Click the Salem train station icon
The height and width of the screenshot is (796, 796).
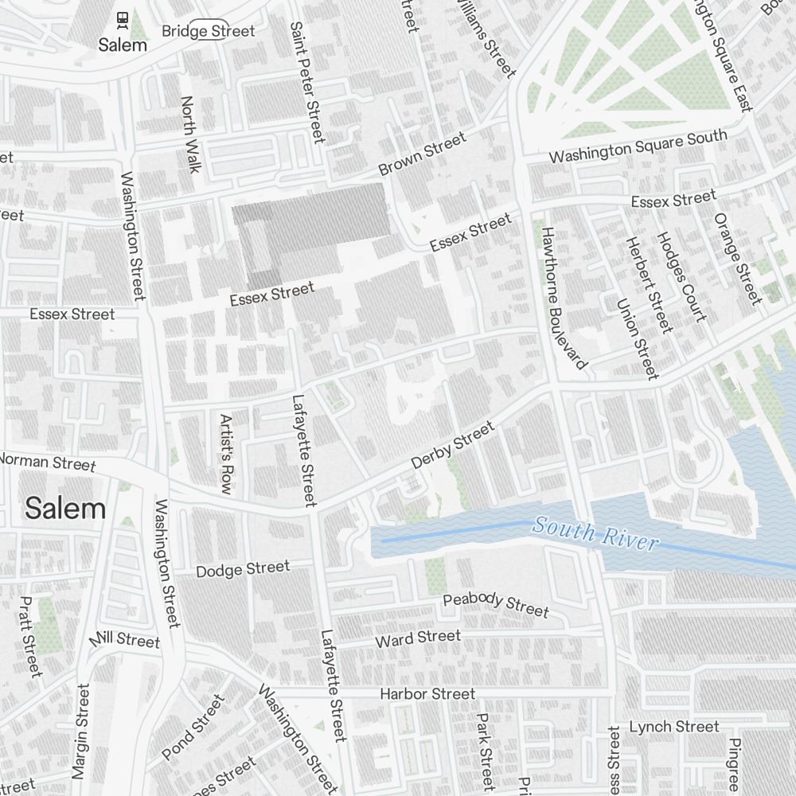(x=123, y=18)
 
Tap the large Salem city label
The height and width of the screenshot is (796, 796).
(x=65, y=509)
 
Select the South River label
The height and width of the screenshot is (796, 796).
(x=595, y=533)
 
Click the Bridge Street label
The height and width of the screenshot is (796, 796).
(x=208, y=31)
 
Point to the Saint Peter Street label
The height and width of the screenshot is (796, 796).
(x=306, y=82)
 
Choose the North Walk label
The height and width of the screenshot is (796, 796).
(x=190, y=134)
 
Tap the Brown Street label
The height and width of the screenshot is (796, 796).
(x=422, y=154)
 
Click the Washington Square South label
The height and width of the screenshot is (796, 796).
(x=638, y=146)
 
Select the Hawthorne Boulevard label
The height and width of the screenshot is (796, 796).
(x=564, y=298)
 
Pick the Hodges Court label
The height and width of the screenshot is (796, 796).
(x=681, y=276)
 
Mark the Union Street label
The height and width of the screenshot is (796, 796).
(x=638, y=338)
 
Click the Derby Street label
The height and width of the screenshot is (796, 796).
(x=452, y=445)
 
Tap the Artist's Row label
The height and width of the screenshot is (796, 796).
(x=226, y=454)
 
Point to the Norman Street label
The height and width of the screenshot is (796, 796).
(x=48, y=462)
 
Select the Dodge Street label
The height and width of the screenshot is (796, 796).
(x=243, y=568)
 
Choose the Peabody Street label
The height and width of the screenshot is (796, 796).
(x=496, y=604)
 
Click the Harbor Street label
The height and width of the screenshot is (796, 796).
(x=427, y=694)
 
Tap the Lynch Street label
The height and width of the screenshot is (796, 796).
(x=673, y=726)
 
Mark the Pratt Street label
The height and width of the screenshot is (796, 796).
(x=31, y=646)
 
